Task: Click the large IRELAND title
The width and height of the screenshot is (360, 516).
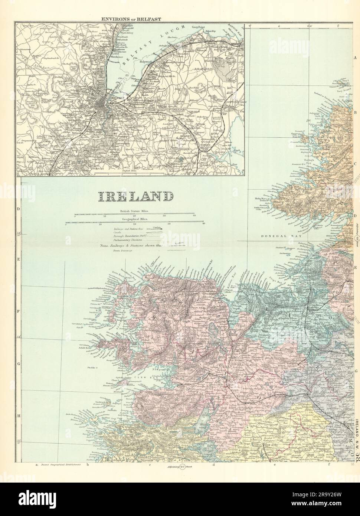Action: pos(135,196)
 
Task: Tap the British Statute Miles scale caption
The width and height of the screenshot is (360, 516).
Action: pos(134,211)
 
